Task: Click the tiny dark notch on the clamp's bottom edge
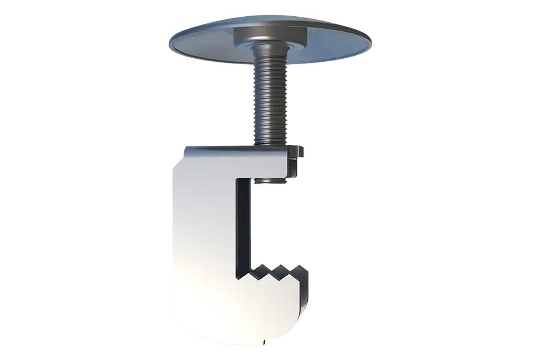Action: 265,344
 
